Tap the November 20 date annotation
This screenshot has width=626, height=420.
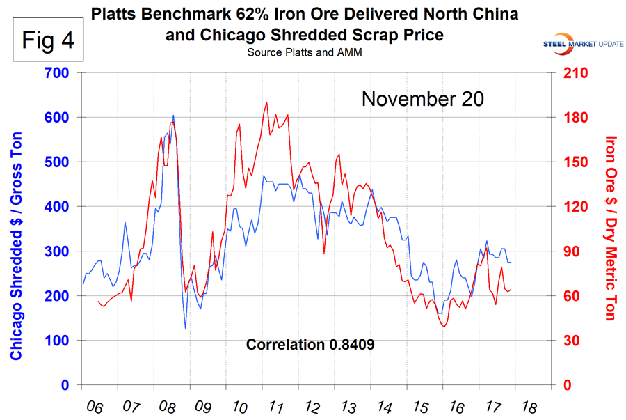tap(422, 99)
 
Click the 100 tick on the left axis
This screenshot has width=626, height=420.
tap(61, 341)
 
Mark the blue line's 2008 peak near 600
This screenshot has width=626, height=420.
tap(173, 116)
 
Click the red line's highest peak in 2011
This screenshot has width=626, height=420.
tap(266, 102)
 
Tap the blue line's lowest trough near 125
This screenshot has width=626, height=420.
tap(186, 329)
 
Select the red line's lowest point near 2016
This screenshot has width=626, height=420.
tap(444, 327)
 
